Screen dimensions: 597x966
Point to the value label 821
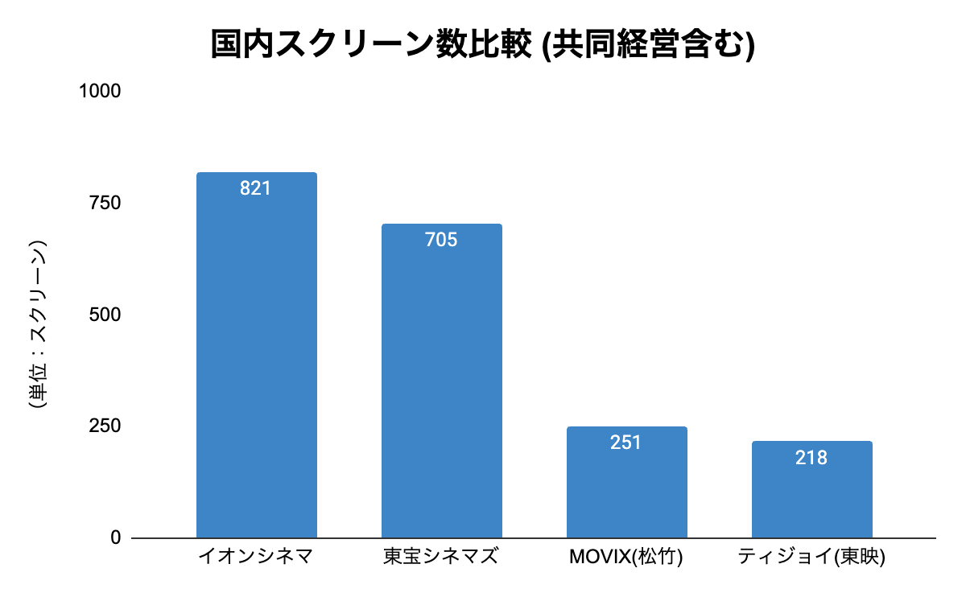coord(256,189)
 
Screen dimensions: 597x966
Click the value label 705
coord(441,240)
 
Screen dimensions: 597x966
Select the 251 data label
coord(626,443)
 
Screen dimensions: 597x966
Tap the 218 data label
coord(811,458)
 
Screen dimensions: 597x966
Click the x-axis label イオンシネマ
coord(256,557)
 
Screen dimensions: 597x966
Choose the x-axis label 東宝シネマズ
coord(441,557)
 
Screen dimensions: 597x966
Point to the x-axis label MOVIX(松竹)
coord(626,557)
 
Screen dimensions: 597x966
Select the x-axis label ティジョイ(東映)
coord(811,557)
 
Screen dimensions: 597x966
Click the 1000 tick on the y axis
coord(100,92)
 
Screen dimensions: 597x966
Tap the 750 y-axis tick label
coord(105,204)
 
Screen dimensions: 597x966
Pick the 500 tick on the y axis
coord(105,315)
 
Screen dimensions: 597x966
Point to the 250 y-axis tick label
coord(105,426)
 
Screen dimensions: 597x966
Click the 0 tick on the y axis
coord(115,537)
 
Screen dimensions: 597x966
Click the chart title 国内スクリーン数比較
coord(371,45)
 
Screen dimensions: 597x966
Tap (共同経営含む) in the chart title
coord(646,45)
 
